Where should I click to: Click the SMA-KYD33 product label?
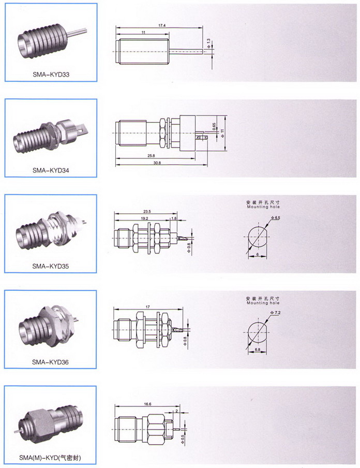click(x=51, y=74)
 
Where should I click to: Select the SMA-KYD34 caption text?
click(x=51, y=169)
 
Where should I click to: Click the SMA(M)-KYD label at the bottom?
click(x=51, y=458)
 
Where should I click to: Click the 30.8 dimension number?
click(x=157, y=163)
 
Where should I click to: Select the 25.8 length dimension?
click(x=151, y=156)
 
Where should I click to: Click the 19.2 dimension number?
click(x=145, y=219)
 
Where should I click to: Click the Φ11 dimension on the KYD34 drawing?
click(x=222, y=133)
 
